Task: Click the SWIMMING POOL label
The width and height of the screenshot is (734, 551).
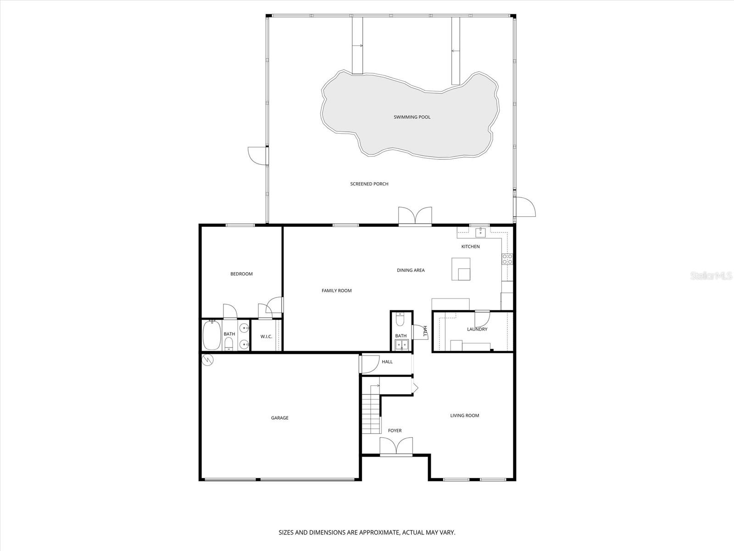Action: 412,117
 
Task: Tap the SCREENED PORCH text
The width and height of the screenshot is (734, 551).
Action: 369,184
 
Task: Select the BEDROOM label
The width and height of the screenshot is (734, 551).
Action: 241,274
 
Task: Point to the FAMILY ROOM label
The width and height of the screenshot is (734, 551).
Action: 336,291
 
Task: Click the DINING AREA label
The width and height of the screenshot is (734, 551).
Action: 411,270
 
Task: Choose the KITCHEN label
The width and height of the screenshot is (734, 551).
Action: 470,247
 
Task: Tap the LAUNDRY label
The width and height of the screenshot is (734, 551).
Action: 477,329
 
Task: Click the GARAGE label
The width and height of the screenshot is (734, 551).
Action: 279,418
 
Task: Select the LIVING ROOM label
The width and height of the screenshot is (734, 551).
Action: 464,416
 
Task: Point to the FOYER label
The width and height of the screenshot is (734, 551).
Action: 395,431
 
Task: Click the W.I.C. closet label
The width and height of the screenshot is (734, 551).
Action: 266,337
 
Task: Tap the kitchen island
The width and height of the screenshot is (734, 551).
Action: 461,269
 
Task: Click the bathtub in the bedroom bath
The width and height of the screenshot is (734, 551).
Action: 212,336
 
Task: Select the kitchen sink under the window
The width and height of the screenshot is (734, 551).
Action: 480,232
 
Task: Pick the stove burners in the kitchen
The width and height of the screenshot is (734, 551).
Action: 507,259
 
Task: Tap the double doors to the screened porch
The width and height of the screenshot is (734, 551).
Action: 415,216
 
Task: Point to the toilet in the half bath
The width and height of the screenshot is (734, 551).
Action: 400,319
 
